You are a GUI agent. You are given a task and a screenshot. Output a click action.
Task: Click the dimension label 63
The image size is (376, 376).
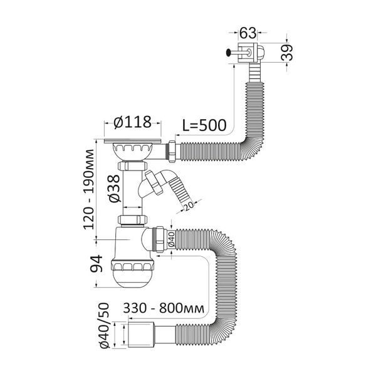tap(248, 33)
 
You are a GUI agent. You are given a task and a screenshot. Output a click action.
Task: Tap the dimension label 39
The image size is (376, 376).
tap(287, 52)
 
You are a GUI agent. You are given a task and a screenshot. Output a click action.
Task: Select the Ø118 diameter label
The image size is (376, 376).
tap(133, 122)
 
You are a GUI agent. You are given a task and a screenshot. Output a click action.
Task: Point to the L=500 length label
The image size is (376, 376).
tap(204, 125)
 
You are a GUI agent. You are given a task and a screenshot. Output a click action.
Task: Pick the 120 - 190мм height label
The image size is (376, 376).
tap(88, 189)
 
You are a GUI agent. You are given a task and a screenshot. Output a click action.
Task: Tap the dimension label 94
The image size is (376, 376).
tap(96, 264)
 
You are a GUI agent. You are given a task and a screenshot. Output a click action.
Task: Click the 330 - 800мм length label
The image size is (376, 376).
tap(164, 308)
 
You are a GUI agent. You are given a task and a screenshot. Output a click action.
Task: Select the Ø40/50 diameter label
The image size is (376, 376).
tap(103, 325)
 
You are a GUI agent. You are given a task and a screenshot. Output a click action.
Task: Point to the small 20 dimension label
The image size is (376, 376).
tap(188, 205)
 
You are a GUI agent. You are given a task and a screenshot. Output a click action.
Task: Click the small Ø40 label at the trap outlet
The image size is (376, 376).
tap(171, 239)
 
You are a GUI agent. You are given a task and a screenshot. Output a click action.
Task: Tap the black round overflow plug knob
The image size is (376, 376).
tap(229, 52)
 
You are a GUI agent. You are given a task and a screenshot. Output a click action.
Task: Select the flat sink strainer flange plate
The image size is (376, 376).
tap(133, 141)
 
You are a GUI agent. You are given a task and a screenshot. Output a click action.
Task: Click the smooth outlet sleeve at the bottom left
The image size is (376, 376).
tap(140, 335)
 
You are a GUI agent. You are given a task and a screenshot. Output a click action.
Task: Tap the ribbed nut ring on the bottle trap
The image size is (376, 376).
tap(132, 266)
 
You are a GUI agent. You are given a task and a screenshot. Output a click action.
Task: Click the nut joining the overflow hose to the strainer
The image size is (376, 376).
tap(172, 152)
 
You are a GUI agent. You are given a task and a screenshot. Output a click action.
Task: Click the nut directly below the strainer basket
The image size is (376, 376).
tap(132, 165)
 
